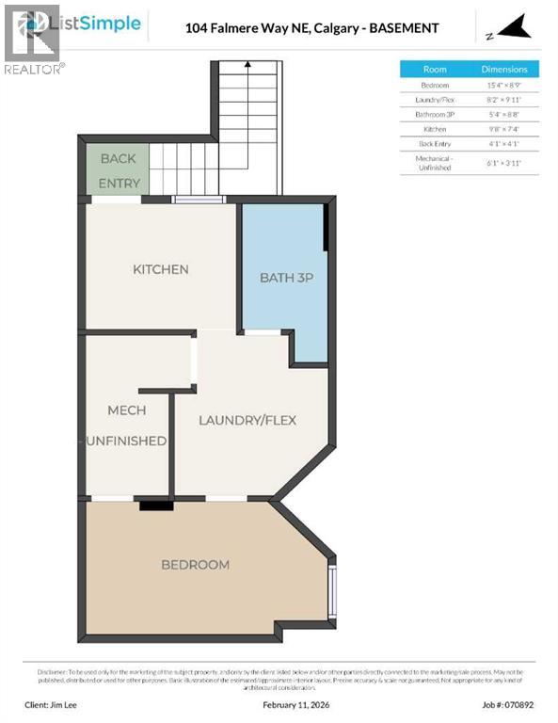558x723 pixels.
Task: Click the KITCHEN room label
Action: pyautogui.click(x=160, y=269)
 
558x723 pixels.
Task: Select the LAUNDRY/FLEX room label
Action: pyautogui.click(x=247, y=420)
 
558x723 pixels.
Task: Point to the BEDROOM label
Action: pyautogui.click(x=195, y=565)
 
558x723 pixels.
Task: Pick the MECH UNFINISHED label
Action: pyautogui.click(x=127, y=426)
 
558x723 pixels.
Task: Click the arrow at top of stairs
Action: pyautogui.click(x=247, y=66)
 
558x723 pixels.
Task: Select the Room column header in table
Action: pyautogui.click(x=435, y=69)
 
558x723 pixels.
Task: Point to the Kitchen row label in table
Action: pyautogui.click(x=435, y=129)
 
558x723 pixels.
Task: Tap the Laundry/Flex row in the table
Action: pyautogui.click(x=435, y=99)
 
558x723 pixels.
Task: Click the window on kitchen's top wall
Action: pyautogui.click(x=199, y=199)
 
